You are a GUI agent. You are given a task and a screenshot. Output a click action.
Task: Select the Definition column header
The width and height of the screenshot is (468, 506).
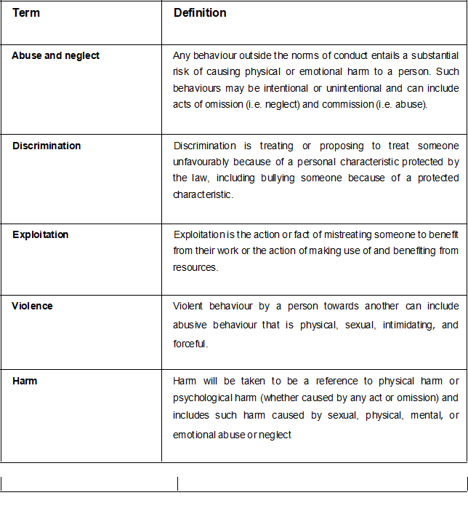tap(200, 13)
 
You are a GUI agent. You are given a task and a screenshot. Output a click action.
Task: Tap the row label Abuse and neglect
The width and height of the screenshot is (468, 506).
tap(56, 56)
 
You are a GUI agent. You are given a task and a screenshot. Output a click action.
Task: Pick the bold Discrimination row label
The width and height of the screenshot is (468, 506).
tap(47, 146)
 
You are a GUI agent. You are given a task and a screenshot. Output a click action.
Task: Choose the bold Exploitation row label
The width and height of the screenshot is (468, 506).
tap(41, 235)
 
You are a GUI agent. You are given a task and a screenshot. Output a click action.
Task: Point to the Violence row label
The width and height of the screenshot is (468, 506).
tap(33, 306)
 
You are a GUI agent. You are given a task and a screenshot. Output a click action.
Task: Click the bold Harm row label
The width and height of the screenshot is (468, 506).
tap(25, 381)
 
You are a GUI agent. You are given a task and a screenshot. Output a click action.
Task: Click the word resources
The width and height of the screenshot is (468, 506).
tap(195, 267)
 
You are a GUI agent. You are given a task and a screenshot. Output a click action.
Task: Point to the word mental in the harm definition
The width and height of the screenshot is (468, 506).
tap(417, 416)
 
